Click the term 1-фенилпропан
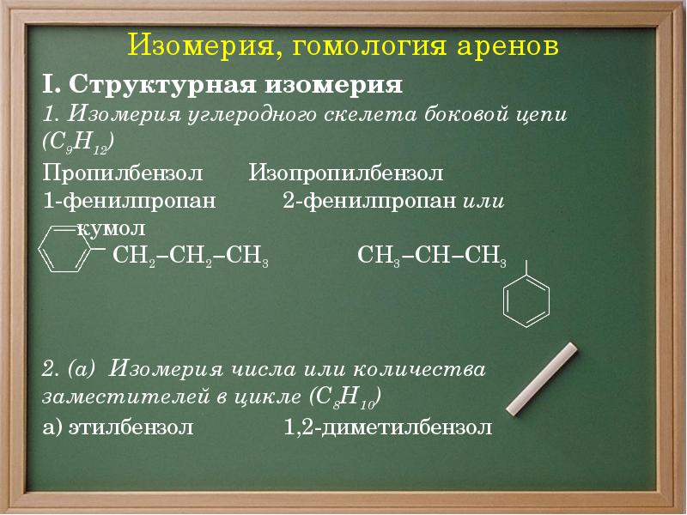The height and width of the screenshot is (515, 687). (129, 202)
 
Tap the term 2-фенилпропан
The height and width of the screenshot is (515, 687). (369, 202)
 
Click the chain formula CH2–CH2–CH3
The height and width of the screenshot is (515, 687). (191, 256)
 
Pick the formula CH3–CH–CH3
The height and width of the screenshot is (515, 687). (431, 256)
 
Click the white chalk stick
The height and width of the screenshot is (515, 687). (544, 378)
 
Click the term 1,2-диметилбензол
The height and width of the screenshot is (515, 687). (388, 427)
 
